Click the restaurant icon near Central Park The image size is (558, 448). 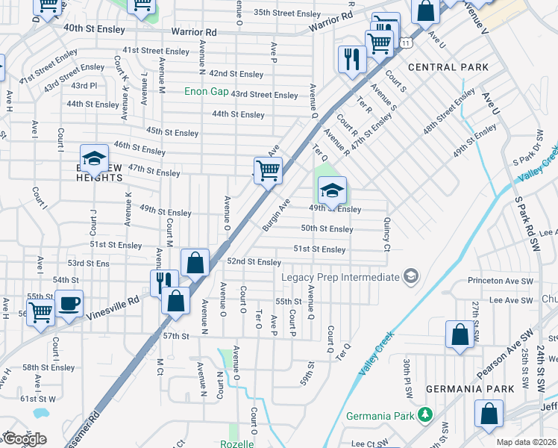(351, 59)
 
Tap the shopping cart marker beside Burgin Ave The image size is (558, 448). (268, 169)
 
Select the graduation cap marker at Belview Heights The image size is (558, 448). (94, 158)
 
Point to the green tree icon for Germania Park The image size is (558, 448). (424, 414)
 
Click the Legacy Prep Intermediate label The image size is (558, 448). (340, 277)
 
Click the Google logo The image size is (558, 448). (24, 439)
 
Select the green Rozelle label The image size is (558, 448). (236, 444)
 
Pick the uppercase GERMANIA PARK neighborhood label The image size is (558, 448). (470, 389)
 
